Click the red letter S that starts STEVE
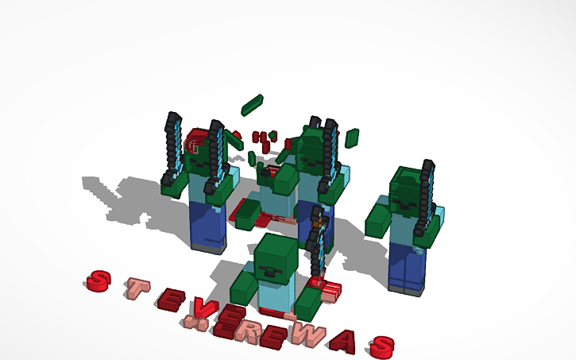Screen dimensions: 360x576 pyautogui.click(x=97, y=280)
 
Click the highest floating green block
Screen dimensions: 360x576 pyautogui.click(x=252, y=104)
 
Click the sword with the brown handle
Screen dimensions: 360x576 pyautogui.click(x=319, y=238)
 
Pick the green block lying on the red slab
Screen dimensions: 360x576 pyautogui.click(x=248, y=213)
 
